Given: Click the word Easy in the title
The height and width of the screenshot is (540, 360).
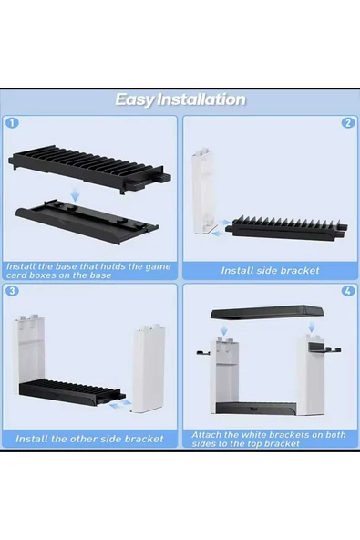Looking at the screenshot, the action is pos(135,99).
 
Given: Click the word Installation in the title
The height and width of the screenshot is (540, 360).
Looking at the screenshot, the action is pos(201,99).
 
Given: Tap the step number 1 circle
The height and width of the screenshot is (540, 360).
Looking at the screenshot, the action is pos(13,123).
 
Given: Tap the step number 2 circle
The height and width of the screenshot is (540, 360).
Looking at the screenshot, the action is pos(348,123).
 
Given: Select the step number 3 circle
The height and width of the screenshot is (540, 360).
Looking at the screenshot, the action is pos(12,291).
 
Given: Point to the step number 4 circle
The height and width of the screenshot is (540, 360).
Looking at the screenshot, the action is pos(348,291).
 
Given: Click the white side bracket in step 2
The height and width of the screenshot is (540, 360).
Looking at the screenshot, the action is pos(202,192).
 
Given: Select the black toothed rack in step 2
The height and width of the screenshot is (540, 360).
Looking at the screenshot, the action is pos(286,227).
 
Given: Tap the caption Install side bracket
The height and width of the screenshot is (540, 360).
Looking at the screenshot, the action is pos(270,271).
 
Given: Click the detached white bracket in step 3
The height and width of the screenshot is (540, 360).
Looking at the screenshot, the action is pos(149,368).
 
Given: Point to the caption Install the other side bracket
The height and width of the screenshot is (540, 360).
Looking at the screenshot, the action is pos(89,439).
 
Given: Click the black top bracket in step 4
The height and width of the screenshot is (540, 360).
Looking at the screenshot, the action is pos(267,312).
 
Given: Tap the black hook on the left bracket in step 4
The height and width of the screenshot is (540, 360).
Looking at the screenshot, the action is pos(203,352).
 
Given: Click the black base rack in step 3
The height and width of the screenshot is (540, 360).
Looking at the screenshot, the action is pos(70,392).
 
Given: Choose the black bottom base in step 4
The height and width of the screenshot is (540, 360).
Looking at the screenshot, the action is pos(256,409).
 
